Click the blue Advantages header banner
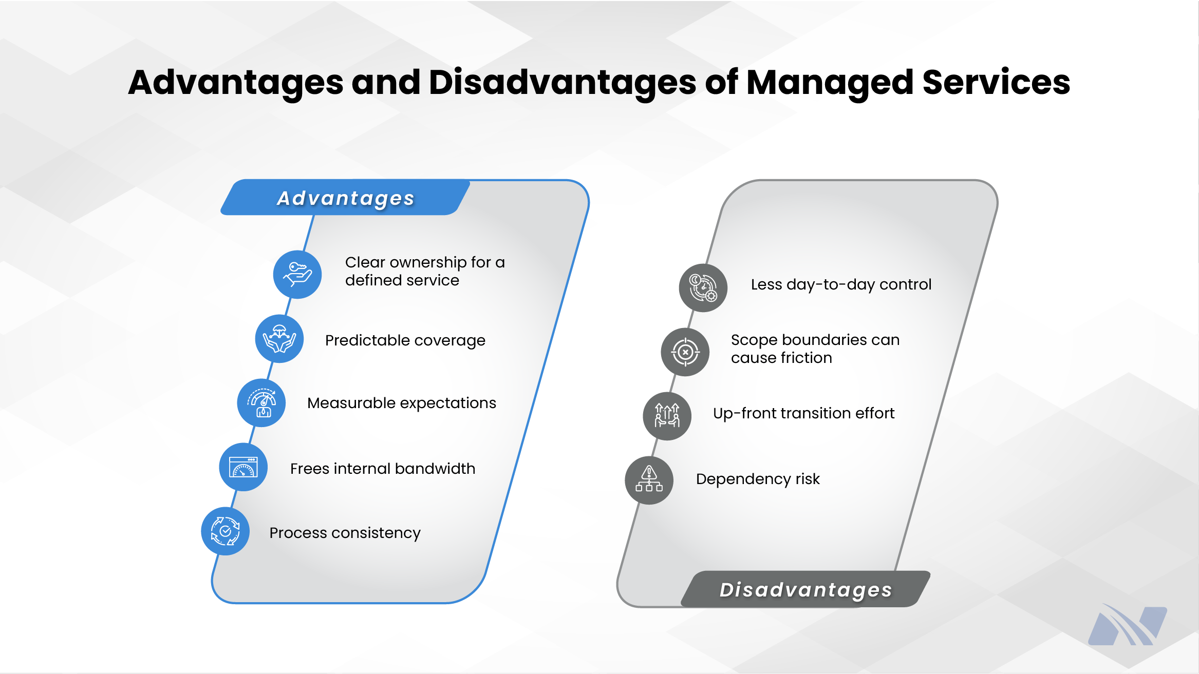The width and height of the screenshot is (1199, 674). [345, 198]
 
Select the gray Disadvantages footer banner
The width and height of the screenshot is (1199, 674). [805, 589]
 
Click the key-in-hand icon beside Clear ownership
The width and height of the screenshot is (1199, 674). [297, 275]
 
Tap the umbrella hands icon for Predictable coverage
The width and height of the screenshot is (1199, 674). [279, 339]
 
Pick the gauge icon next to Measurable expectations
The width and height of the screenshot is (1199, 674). [261, 403]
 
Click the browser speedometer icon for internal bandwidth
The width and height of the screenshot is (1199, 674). [243, 467]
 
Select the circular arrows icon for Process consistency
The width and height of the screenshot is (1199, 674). [226, 531]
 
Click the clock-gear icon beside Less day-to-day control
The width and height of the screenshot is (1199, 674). [703, 287]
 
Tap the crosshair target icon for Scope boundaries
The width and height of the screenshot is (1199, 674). [685, 352]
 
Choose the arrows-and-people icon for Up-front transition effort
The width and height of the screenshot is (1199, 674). [667, 416]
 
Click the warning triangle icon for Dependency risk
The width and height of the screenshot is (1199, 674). [649, 480]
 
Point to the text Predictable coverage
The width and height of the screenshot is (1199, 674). [405, 340]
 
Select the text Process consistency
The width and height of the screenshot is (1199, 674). [345, 533]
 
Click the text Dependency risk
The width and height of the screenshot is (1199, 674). [758, 479]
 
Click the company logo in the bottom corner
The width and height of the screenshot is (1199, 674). [1127, 625]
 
